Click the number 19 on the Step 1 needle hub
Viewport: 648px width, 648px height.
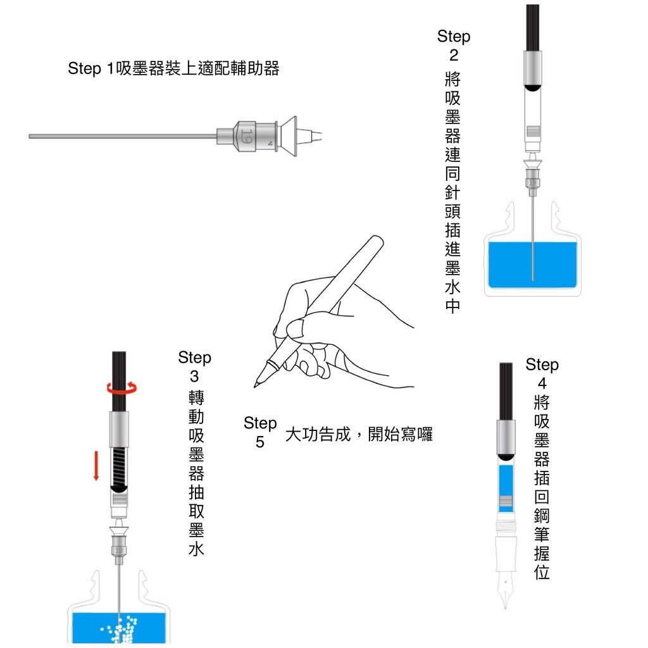point(247,136)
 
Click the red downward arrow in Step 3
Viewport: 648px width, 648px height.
point(96,466)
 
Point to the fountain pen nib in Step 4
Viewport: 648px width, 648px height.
point(505,589)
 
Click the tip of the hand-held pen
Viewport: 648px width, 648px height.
point(254,387)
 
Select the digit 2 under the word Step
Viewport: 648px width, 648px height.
point(454,55)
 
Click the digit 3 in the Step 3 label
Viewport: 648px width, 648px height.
point(194,376)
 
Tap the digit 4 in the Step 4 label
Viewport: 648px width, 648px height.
point(542,383)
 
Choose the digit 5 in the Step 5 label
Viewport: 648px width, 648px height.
point(259,442)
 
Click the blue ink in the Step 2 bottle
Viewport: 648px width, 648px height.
point(532,265)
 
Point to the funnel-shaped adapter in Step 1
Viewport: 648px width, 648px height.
point(289,137)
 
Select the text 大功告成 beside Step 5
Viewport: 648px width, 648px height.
point(318,434)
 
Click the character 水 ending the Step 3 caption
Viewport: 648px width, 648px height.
point(196,549)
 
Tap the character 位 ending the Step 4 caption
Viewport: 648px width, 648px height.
point(542,572)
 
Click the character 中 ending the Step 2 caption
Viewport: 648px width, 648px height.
point(453,306)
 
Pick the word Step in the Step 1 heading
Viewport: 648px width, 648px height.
point(84,68)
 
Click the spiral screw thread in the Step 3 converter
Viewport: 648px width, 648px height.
point(119,466)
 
